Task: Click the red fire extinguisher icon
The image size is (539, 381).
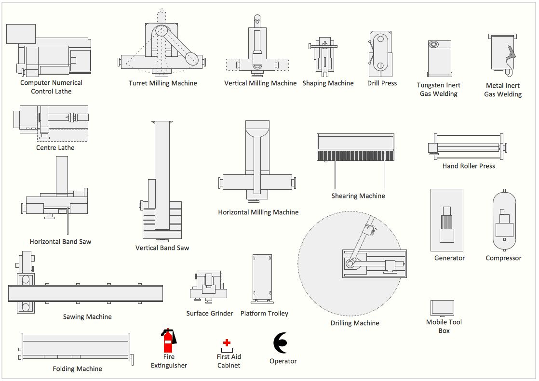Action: [x=168, y=341]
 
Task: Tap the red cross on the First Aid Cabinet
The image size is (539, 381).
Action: [x=227, y=342]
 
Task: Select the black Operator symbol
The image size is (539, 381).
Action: [x=280, y=343]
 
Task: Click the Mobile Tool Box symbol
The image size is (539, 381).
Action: [x=442, y=308]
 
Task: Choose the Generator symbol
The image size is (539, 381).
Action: [x=447, y=220]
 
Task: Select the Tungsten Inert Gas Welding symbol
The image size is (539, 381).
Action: [x=439, y=58]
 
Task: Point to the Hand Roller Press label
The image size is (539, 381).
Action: [x=469, y=166]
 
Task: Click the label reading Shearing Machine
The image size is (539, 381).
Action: [x=358, y=196]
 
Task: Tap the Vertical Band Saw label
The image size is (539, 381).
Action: [x=162, y=248]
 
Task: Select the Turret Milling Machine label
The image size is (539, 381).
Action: [x=163, y=83]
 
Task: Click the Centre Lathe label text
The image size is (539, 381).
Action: [x=55, y=148]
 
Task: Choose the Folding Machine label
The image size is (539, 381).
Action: [x=78, y=369]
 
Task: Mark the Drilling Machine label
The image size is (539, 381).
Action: [x=355, y=323]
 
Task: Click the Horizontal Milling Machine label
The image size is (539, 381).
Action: [x=258, y=212]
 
